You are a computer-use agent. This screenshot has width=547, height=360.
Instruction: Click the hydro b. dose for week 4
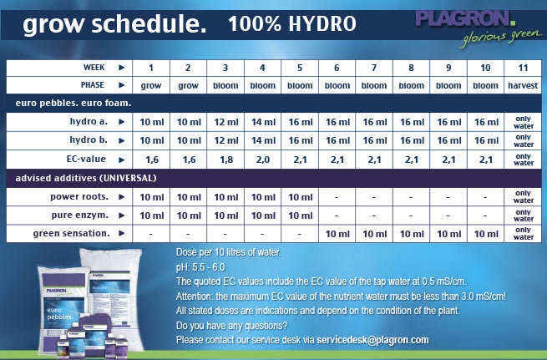(264, 139)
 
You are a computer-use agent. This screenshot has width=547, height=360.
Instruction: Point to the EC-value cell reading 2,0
(264, 158)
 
